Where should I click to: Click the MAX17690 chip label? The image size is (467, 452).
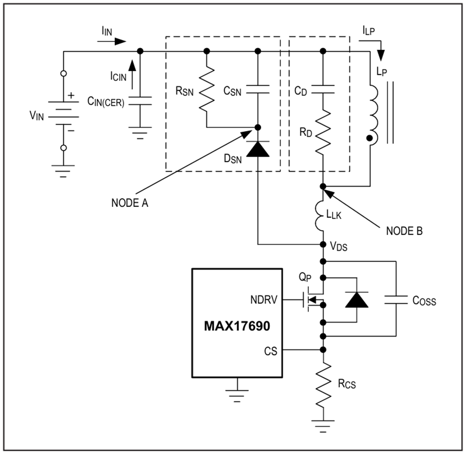[237, 326]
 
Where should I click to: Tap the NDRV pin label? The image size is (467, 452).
[264, 300]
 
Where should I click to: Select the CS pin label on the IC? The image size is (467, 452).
[270, 351]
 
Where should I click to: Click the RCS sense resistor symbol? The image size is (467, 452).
[323, 386]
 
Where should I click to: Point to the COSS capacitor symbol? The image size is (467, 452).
[396, 300]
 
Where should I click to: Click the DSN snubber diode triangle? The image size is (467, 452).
[258, 149]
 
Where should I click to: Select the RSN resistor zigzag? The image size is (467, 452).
[207, 89]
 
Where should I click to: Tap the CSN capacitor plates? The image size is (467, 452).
[258, 89]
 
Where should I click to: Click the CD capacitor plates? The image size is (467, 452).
[323, 89]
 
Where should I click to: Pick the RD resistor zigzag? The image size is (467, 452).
[323, 132]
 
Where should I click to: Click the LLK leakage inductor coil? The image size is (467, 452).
[320, 216]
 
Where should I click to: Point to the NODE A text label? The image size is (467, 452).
[130, 203]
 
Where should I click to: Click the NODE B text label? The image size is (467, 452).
[404, 231]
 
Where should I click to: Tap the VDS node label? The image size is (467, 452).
[339, 246]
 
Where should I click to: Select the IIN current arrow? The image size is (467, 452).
[112, 41]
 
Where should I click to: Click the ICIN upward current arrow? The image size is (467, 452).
[132, 75]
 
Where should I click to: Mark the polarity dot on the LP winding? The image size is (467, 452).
[369, 138]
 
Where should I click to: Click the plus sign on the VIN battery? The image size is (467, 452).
[71, 95]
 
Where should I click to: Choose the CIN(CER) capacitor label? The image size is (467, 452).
[106, 102]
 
